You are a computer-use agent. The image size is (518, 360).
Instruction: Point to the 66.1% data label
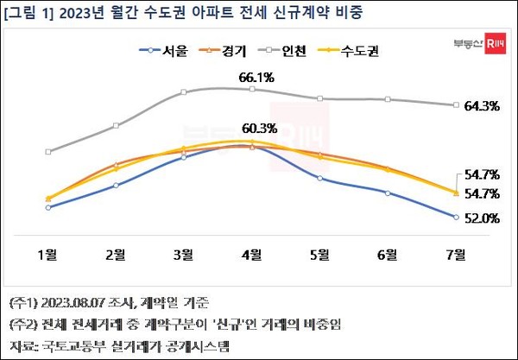click(x=256, y=78)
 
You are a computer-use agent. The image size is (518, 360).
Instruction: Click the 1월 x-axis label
click(x=48, y=255)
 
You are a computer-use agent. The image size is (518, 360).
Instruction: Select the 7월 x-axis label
click(x=456, y=255)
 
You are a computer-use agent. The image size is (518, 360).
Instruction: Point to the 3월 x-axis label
click(x=184, y=255)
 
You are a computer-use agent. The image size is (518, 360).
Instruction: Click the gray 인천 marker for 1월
click(x=48, y=152)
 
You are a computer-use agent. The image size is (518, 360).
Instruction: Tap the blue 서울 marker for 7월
click(x=455, y=218)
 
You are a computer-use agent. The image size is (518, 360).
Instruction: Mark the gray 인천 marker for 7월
click(x=455, y=105)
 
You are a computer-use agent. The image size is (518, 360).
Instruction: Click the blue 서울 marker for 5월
click(x=319, y=178)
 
